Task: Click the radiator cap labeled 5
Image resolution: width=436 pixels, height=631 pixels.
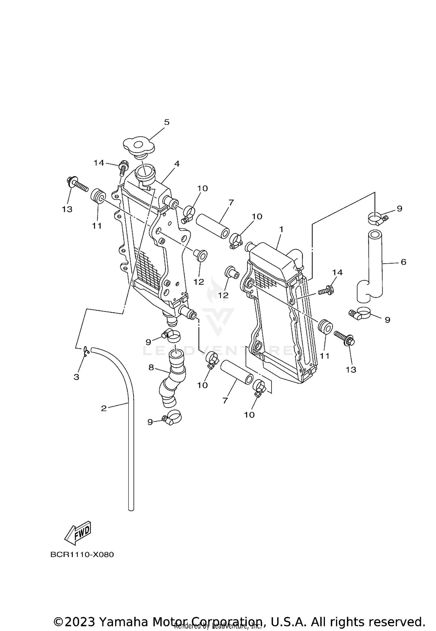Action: (138, 146)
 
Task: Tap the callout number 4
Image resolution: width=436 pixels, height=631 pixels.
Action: (177, 164)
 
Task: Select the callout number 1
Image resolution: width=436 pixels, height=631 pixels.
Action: (281, 229)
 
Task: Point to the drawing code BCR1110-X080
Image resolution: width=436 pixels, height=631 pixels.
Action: (82, 555)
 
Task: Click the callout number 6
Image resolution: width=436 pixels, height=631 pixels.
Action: (403, 262)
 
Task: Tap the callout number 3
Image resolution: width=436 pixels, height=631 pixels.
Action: (76, 377)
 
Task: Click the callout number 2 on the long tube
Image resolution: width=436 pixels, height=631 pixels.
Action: (104, 408)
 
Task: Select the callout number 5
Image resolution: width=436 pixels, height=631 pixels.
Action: (167, 122)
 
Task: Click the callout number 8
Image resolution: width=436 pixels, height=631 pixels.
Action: (151, 367)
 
